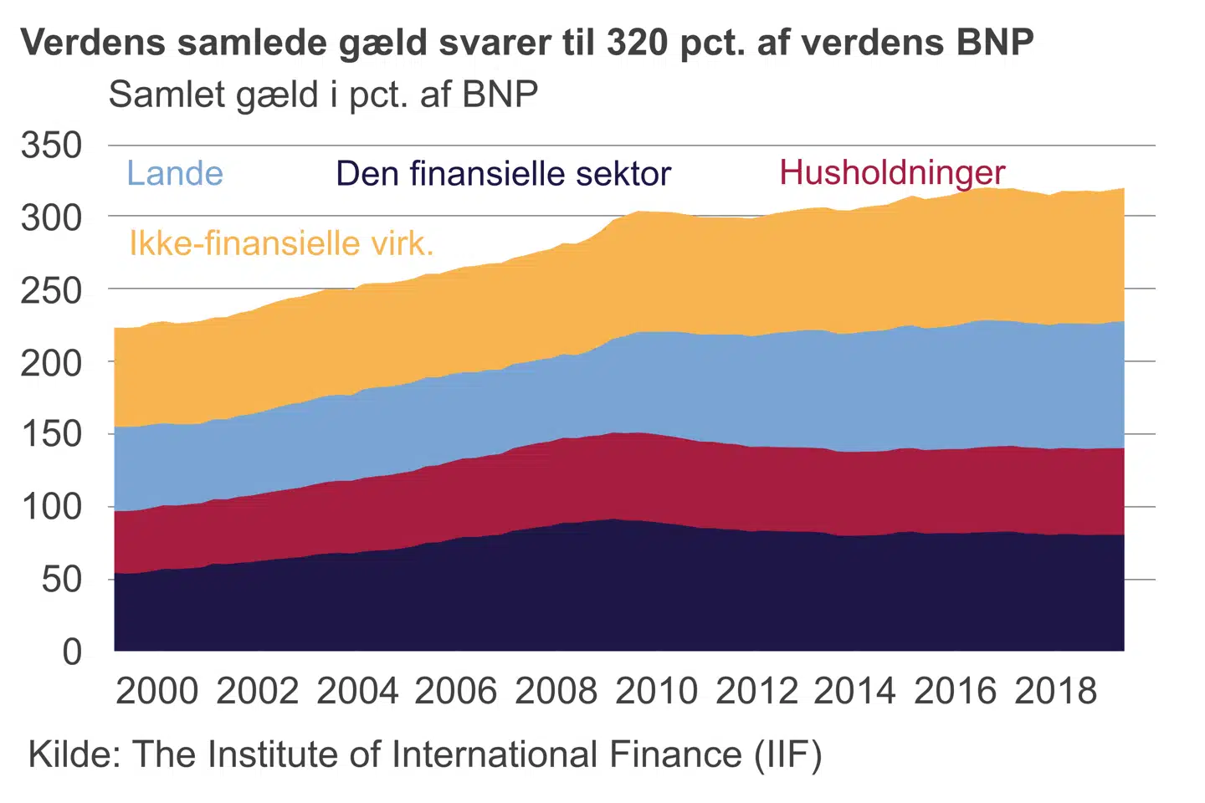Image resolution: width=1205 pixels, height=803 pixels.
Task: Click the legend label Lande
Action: (175, 174)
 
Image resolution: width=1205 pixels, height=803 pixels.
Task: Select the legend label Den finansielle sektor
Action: (503, 174)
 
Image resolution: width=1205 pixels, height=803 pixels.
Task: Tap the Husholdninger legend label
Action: (892, 172)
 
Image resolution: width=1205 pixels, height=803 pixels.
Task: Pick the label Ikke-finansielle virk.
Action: (281, 243)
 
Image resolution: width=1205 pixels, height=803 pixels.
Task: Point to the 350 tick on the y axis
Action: (52, 146)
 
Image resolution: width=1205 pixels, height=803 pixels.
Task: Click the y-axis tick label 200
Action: (52, 362)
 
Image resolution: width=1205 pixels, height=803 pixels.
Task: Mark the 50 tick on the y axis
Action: (62, 579)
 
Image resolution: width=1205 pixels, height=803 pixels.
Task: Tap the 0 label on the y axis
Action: (73, 651)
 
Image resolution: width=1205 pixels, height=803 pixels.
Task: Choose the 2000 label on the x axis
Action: (156, 692)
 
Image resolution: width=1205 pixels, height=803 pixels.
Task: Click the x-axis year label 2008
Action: (556, 692)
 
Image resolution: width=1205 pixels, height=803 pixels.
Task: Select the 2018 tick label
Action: (1055, 692)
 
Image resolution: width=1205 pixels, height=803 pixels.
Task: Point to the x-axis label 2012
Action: (756, 692)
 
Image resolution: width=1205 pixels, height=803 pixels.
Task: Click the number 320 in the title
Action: (638, 42)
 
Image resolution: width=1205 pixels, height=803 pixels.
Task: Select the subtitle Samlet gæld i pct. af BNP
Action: (323, 95)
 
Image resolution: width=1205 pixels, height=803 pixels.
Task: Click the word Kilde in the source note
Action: (74, 754)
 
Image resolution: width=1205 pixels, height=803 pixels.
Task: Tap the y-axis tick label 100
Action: (52, 507)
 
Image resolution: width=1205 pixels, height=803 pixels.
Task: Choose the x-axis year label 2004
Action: (357, 692)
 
